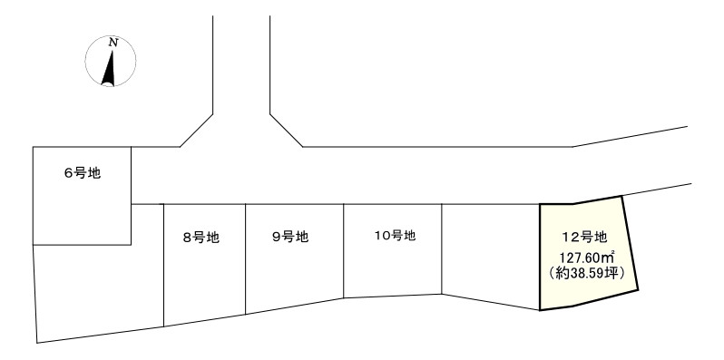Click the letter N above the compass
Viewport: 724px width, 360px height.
pos(113,42)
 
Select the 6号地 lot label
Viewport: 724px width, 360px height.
pos(82,173)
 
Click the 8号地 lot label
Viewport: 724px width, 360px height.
pos(201,238)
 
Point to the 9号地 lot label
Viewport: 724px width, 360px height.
pos(290,238)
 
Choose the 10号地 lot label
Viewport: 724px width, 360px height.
pos(395,236)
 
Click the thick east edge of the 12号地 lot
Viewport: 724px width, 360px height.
pos(631,245)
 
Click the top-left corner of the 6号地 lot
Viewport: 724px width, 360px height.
pos(33,148)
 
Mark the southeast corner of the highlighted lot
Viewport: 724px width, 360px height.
pos(639,290)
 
